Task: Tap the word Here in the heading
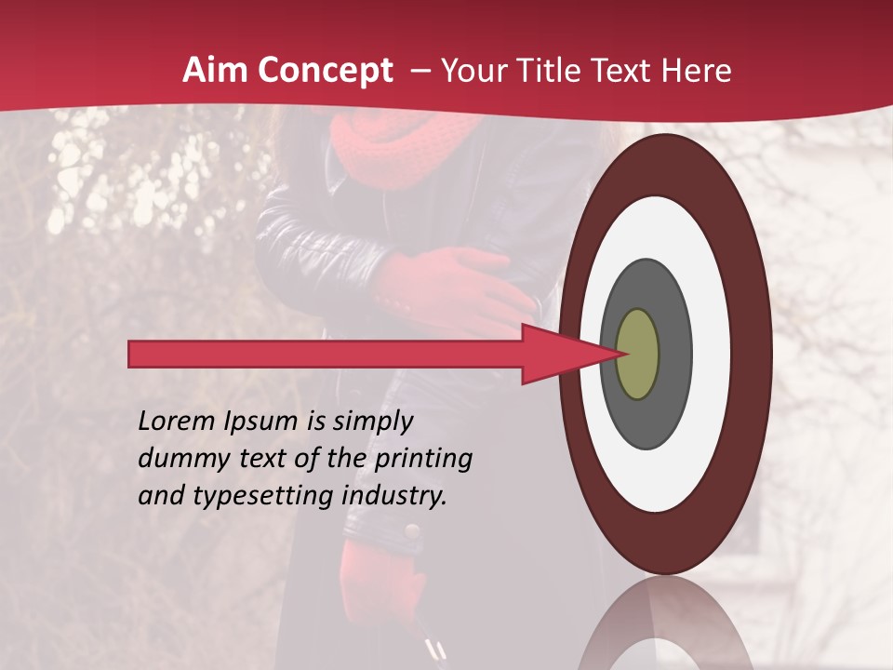(x=698, y=71)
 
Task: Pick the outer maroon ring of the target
(x=749, y=354)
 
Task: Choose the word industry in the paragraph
(x=394, y=496)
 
